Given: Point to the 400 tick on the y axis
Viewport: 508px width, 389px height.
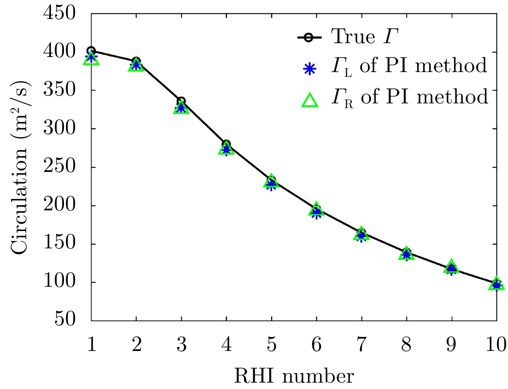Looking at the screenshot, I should click(59, 52).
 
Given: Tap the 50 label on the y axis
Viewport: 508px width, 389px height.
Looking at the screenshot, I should click(65, 319).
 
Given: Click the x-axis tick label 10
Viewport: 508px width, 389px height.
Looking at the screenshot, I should click(496, 345).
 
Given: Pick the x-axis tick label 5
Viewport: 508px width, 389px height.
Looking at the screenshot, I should click(271, 345).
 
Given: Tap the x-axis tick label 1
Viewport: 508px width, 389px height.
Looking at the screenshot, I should click(92, 345).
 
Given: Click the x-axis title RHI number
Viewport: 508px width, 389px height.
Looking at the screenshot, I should click(294, 376).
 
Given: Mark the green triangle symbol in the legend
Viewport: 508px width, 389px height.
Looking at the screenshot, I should click(310, 99).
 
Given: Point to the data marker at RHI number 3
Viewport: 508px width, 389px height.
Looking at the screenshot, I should click(181, 106).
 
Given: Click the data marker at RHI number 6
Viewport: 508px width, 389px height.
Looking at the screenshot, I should click(316, 210).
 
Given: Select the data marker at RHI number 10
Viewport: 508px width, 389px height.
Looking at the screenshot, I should click(496, 284).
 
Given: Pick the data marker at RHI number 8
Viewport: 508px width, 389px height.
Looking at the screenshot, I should click(406, 254).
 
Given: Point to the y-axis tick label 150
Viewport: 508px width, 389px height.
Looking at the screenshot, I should click(59, 243).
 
